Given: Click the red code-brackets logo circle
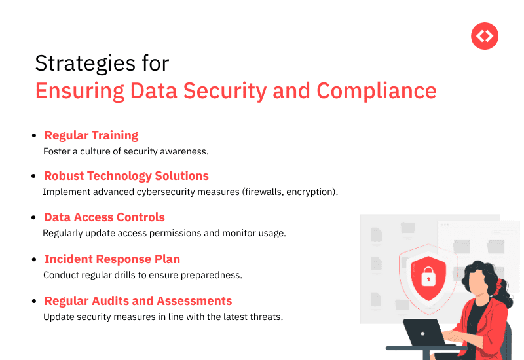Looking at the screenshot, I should [485, 36].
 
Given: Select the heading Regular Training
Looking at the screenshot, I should [91, 135].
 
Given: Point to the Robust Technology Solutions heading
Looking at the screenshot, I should [126, 176].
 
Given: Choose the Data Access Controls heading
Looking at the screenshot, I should [104, 217].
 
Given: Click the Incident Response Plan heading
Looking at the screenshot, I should [111, 259].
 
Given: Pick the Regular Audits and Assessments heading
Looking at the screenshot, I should [138, 301].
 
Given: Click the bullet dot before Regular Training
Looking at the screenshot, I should [34, 136].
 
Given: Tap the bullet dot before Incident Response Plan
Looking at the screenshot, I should [34, 260].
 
